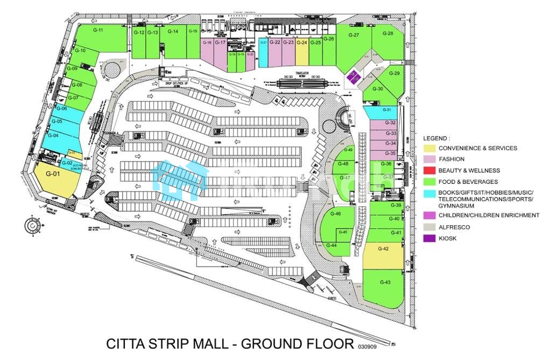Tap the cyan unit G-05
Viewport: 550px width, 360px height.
point(58,122)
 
